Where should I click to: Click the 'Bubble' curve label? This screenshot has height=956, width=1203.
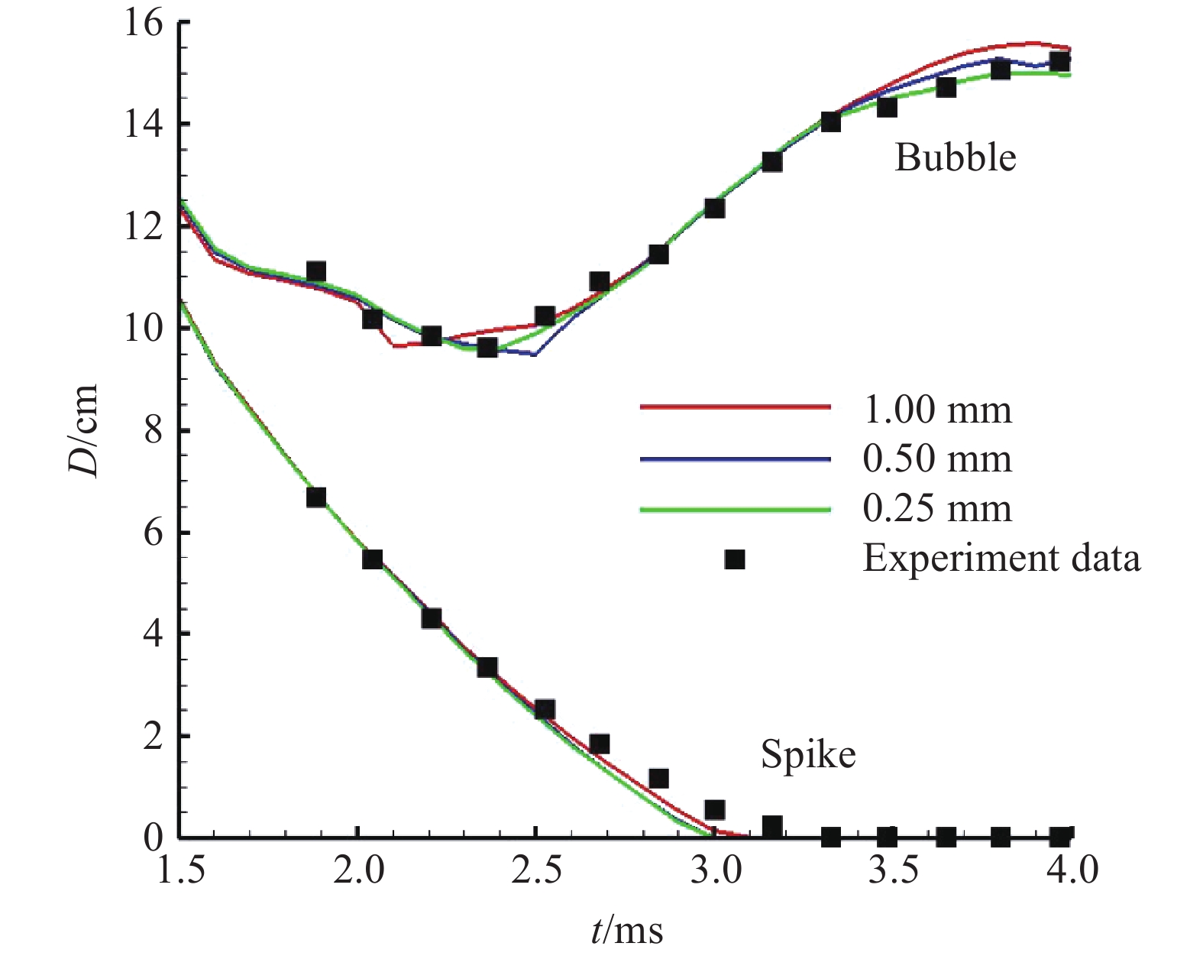pos(955,158)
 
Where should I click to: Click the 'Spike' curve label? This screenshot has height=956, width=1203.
pos(807,755)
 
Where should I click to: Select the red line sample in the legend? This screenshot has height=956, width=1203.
pos(735,407)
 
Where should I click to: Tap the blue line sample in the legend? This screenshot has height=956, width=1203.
pos(735,459)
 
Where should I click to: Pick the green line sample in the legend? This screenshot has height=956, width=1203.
pos(735,509)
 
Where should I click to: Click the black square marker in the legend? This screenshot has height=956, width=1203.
pos(735,559)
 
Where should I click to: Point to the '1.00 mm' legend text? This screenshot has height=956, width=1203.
pos(937,410)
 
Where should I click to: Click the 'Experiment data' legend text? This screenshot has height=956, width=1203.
pos(1001,559)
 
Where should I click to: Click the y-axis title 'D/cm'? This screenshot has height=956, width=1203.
pos(85,430)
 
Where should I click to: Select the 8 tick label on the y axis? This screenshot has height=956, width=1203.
pos(153,431)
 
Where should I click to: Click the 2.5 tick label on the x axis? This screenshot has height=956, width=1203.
pos(536,870)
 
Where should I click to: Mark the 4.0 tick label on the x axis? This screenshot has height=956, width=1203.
pos(1071,870)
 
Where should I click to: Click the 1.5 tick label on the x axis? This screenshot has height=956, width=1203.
pos(180,870)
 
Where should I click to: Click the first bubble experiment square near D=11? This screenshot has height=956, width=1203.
pos(316,271)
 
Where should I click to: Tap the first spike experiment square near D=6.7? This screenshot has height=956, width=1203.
pos(316,497)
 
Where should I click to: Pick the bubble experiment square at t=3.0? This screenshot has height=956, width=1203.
pos(714,208)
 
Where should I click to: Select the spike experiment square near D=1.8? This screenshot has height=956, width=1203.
pos(600,744)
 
